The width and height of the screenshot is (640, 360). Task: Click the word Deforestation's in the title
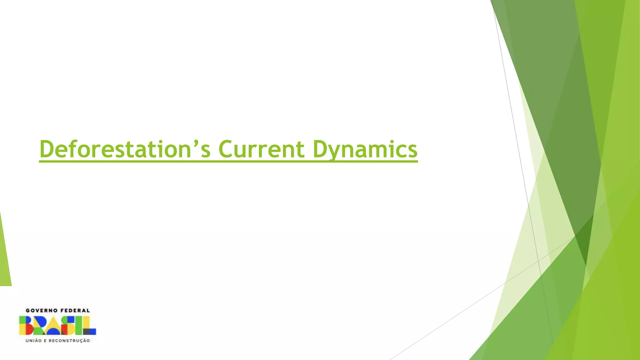pos(125,149)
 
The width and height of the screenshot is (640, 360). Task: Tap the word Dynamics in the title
pos(365,149)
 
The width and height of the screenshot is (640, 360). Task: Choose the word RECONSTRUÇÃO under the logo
pos(69,341)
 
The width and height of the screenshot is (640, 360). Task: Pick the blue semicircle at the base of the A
pos(53,332)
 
